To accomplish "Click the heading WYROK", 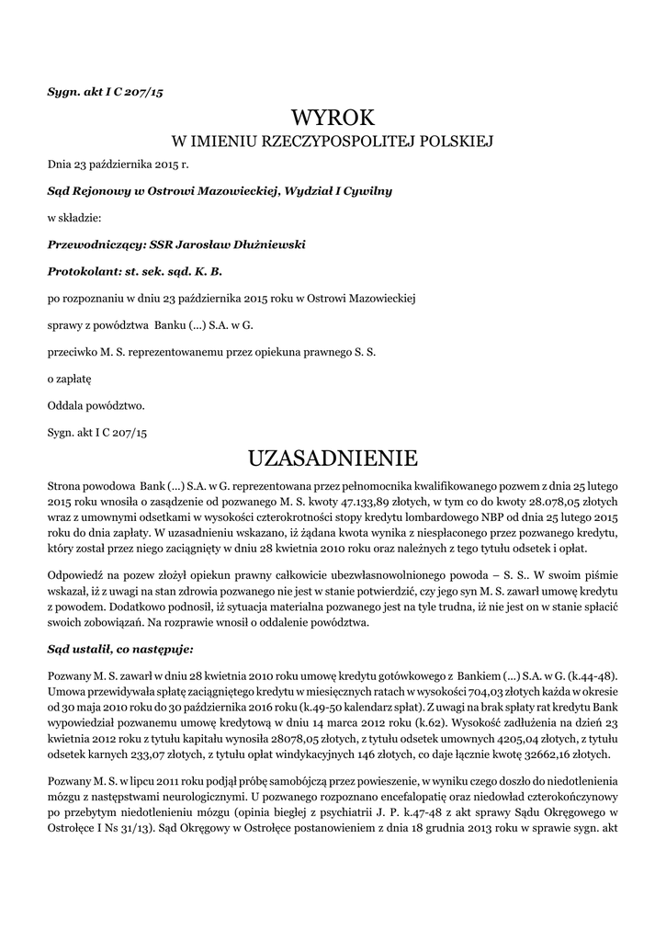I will click(333, 119).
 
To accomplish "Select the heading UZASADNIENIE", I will click(333, 458).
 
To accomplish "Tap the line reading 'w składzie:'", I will click(74, 218).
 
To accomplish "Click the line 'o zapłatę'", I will click(70, 378).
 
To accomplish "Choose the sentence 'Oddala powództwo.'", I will click(96, 404).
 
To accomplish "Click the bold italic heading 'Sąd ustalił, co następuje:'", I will click(120, 649).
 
